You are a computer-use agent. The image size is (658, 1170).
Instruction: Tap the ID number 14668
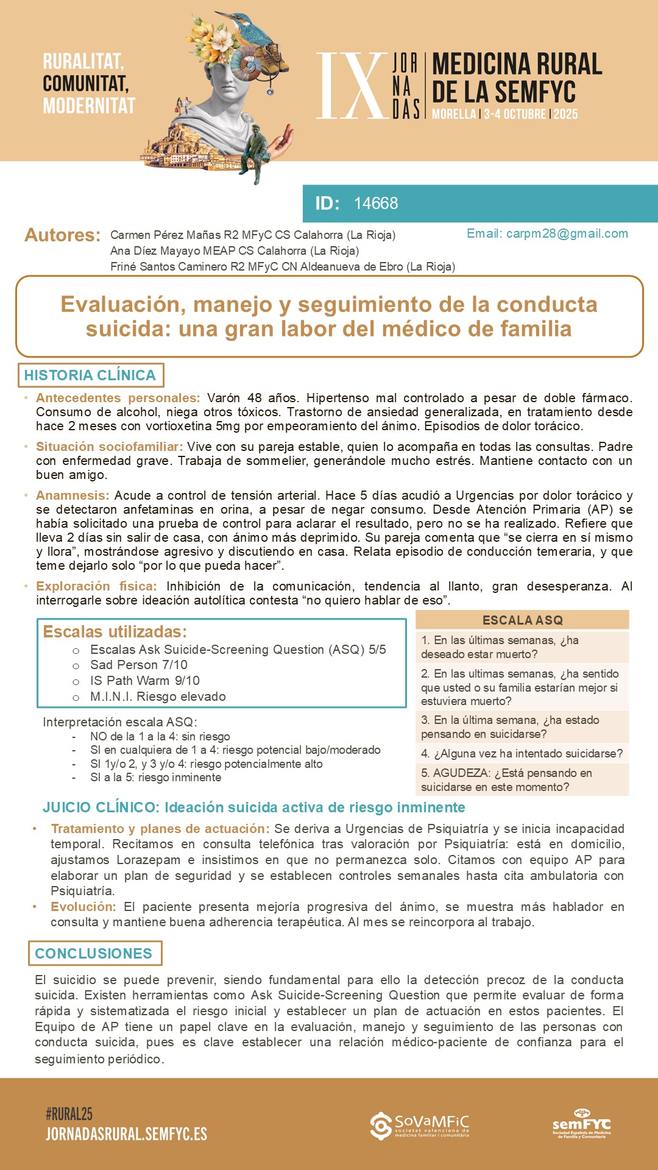pos(376,204)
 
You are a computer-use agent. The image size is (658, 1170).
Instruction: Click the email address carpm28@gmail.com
pos(567,234)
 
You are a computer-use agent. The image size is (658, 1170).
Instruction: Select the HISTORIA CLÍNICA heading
pos(90,375)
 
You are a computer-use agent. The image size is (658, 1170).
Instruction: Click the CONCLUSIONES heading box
pos(94,954)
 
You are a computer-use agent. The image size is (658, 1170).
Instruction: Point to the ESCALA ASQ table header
pos(522,620)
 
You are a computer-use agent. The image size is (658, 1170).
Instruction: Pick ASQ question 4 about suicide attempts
pos(522,754)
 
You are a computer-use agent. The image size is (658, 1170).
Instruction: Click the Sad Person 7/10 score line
pos(138,665)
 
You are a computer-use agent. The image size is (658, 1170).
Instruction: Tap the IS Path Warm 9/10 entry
pos(144,681)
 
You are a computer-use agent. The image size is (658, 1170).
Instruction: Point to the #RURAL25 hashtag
pos(69,1115)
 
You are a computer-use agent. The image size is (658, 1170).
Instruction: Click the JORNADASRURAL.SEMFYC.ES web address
pos(127,1134)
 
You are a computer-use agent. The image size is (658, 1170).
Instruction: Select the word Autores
pos(62,235)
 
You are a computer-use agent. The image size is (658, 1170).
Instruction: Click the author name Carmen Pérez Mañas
pos(165,235)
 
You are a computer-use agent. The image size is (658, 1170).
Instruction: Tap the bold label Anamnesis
pos(73,495)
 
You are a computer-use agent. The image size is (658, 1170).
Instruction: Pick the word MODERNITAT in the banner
pos(89,106)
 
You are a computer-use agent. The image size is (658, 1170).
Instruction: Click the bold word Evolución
pos(83,907)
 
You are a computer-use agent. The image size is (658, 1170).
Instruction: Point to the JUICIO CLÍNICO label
pos(100,807)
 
